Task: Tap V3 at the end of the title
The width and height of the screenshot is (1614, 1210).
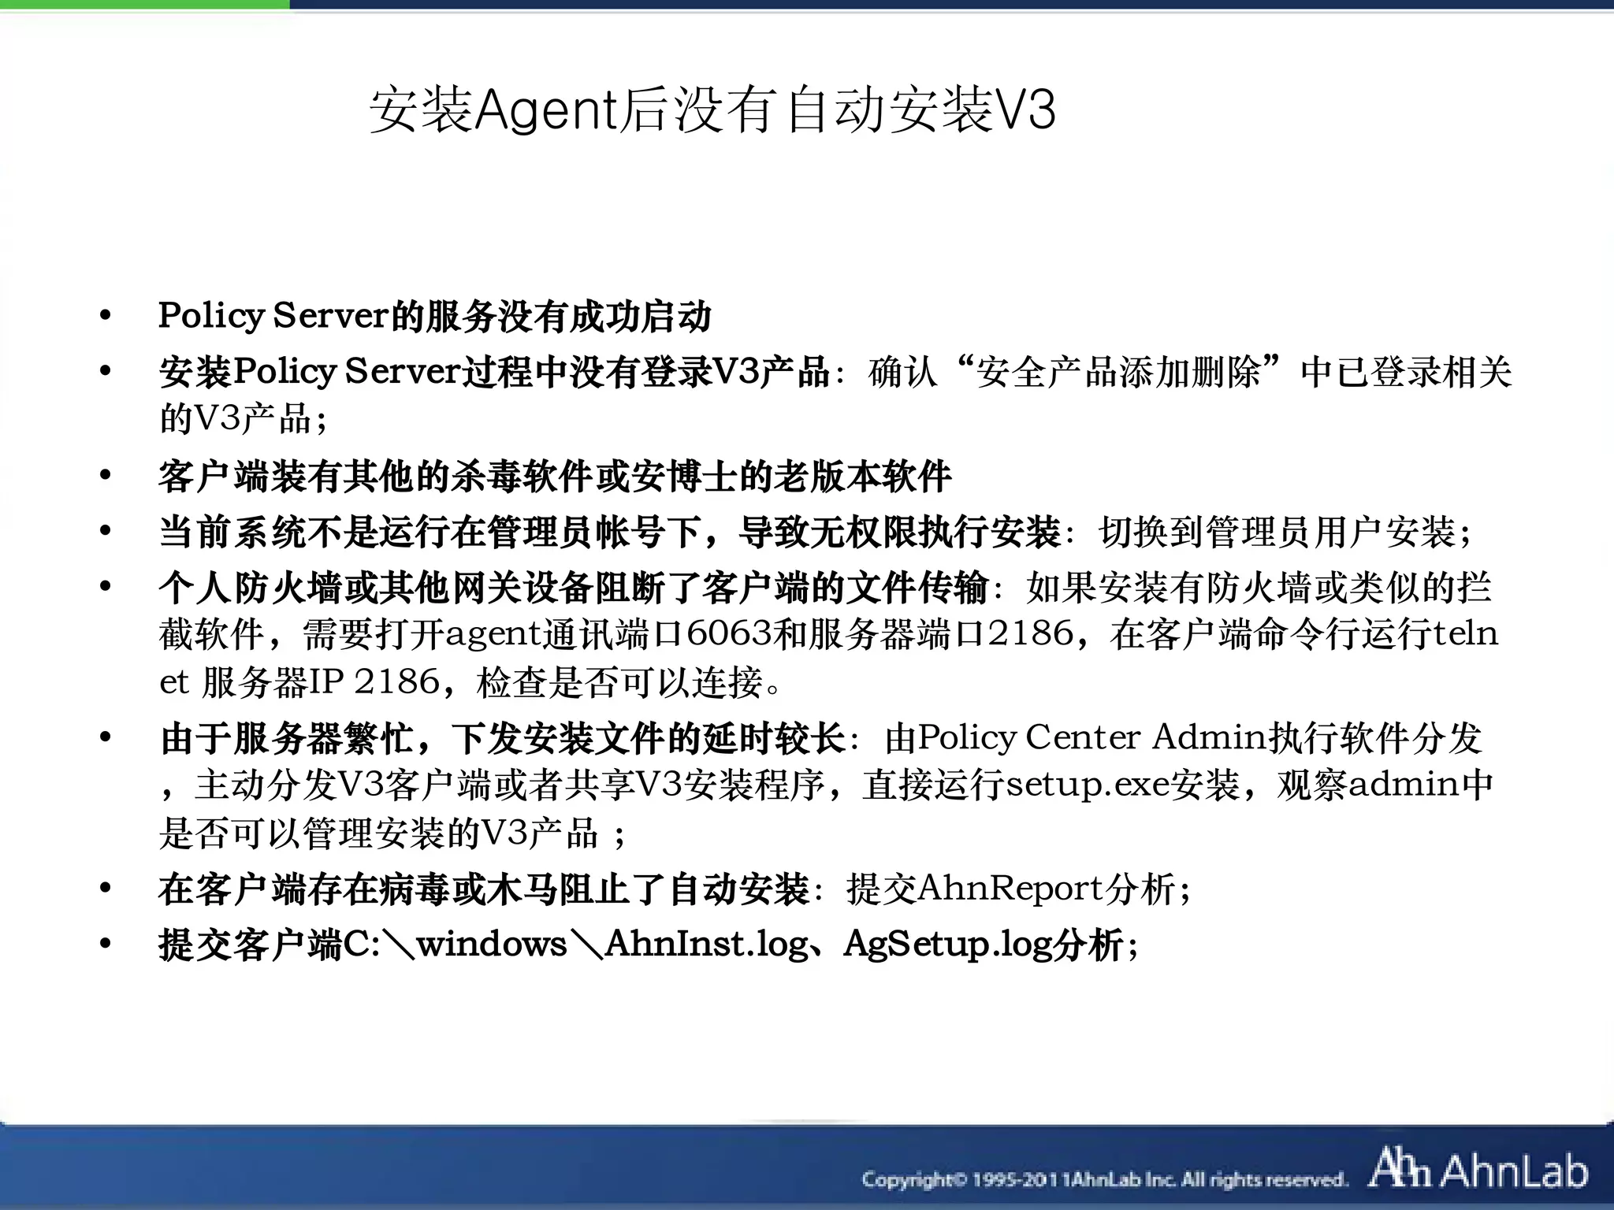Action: point(1026,110)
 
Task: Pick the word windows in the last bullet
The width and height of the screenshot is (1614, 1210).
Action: point(491,944)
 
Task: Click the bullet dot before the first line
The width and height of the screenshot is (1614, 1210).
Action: point(106,317)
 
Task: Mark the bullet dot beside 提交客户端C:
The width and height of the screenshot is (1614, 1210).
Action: point(106,944)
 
